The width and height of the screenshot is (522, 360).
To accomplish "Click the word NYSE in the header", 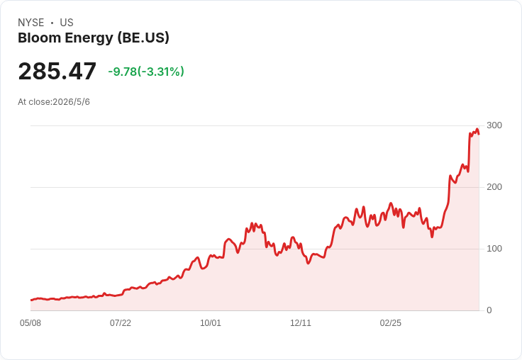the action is [31, 23].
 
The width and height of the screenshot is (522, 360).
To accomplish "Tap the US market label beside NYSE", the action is [67, 23].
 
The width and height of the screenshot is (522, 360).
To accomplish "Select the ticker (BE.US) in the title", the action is [143, 38].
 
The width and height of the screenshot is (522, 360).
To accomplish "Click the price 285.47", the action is [57, 71].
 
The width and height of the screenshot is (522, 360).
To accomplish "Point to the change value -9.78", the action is [123, 72].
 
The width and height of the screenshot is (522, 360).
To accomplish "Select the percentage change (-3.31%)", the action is [161, 72].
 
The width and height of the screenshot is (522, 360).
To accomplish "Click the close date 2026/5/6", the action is [71, 102].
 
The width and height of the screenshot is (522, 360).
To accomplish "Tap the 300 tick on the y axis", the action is [494, 125].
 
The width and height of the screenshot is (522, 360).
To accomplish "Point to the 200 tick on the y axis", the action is [494, 187].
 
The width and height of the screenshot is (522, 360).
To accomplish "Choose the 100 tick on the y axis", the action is [494, 249].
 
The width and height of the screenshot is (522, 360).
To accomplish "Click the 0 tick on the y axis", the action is [489, 310].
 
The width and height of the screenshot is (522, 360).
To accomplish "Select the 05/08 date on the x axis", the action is [30, 323].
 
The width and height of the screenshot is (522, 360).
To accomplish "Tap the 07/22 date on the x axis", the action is [121, 323].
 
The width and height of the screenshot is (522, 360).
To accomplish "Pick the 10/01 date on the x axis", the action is [211, 323].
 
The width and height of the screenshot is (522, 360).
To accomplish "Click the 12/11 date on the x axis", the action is [301, 323].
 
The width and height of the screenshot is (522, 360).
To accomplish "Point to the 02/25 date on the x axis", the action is [391, 323].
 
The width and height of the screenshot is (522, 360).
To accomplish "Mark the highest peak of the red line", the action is [477, 129].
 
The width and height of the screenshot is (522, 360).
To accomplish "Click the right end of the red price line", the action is [479, 134].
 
